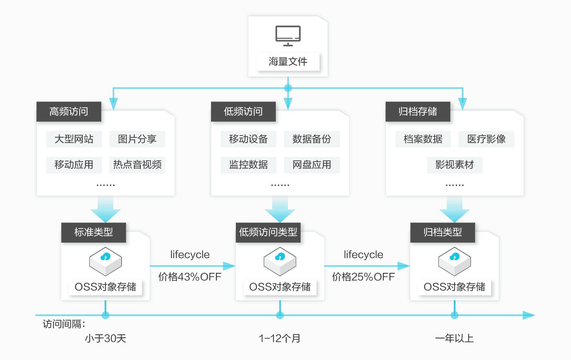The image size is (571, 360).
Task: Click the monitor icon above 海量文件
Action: (288, 36)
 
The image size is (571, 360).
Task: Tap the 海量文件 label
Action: (288, 62)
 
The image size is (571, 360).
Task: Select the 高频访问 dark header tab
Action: (69, 111)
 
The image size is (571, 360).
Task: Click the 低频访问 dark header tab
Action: (243, 111)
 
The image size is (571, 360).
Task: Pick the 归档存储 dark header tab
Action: (418, 111)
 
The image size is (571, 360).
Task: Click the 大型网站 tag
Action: (74, 139)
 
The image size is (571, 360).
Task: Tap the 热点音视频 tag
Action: (137, 165)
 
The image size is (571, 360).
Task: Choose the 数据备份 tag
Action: (311, 139)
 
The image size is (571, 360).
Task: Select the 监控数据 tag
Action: (248, 165)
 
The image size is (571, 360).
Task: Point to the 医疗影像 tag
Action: (486, 139)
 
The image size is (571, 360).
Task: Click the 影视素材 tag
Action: (455, 165)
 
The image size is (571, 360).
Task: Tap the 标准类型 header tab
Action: (94, 232)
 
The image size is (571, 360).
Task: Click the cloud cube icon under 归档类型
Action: (455, 261)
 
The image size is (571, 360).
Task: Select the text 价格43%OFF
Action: (190, 276)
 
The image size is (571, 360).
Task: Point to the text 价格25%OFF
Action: (363, 276)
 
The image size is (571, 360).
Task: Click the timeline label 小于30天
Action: (106, 338)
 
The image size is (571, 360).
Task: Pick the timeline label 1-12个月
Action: (280, 338)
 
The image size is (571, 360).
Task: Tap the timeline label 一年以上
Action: (454, 338)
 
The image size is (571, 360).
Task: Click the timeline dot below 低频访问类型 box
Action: (280, 315)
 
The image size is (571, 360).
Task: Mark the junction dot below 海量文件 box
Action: (288, 88)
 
